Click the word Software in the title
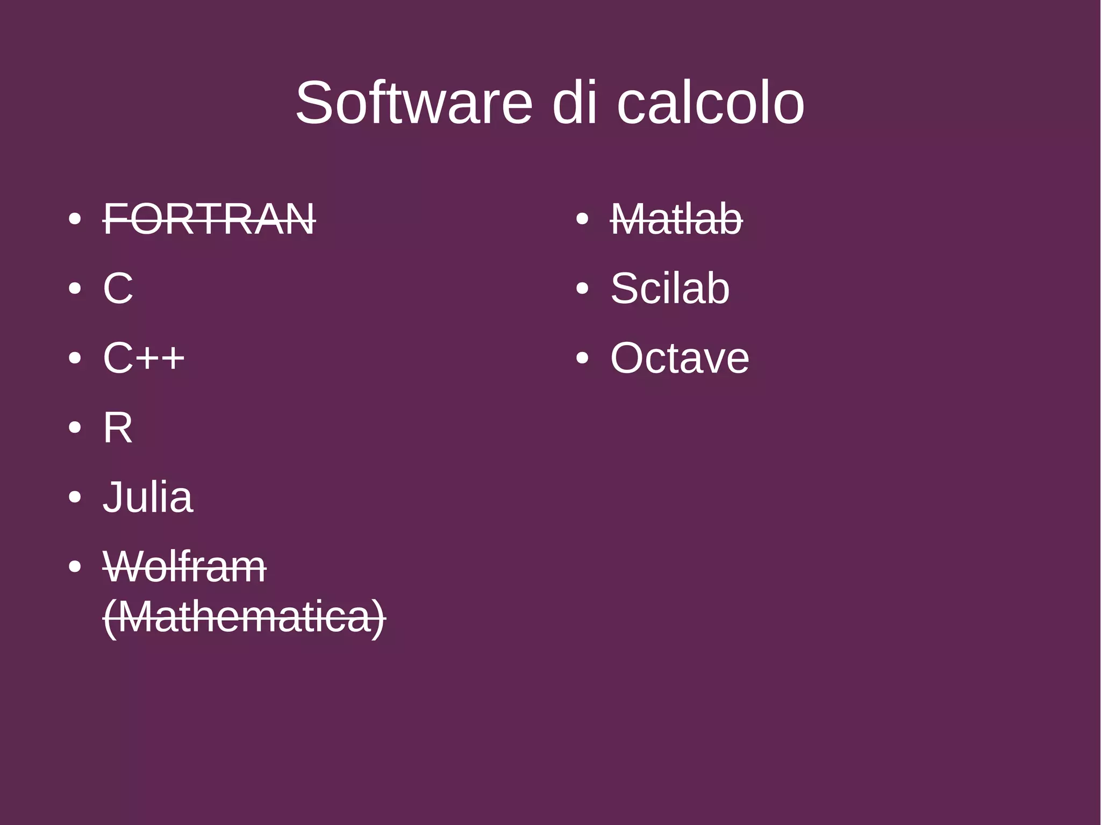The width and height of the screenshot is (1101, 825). point(413,103)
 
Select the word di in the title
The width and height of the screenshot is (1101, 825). point(575,103)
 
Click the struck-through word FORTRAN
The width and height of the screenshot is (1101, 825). point(209,219)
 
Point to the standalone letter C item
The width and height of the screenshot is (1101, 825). point(118,289)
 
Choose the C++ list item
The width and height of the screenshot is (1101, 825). point(144,358)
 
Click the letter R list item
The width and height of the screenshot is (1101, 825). point(117,428)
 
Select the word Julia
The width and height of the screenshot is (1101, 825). point(148,497)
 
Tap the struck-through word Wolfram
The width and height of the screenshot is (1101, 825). point(184,566)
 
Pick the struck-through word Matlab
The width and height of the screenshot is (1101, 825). point(676,219)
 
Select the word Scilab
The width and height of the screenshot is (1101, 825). point(670,289)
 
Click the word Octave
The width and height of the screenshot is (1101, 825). point(680,358)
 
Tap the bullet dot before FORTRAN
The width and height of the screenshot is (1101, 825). point(75,219)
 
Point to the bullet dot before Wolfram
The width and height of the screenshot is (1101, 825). point(75,566)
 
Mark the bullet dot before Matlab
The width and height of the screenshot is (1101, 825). point(582,219)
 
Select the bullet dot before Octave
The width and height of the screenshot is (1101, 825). point(582,358)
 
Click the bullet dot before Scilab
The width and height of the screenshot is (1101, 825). point(582,289)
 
